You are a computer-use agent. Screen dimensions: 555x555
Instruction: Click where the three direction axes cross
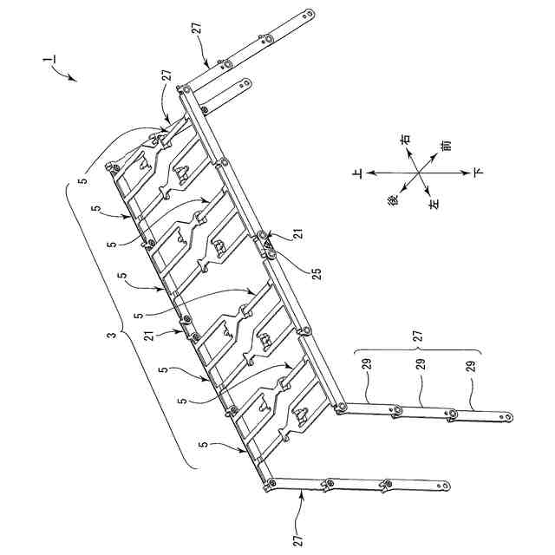(x=420, y=173)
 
